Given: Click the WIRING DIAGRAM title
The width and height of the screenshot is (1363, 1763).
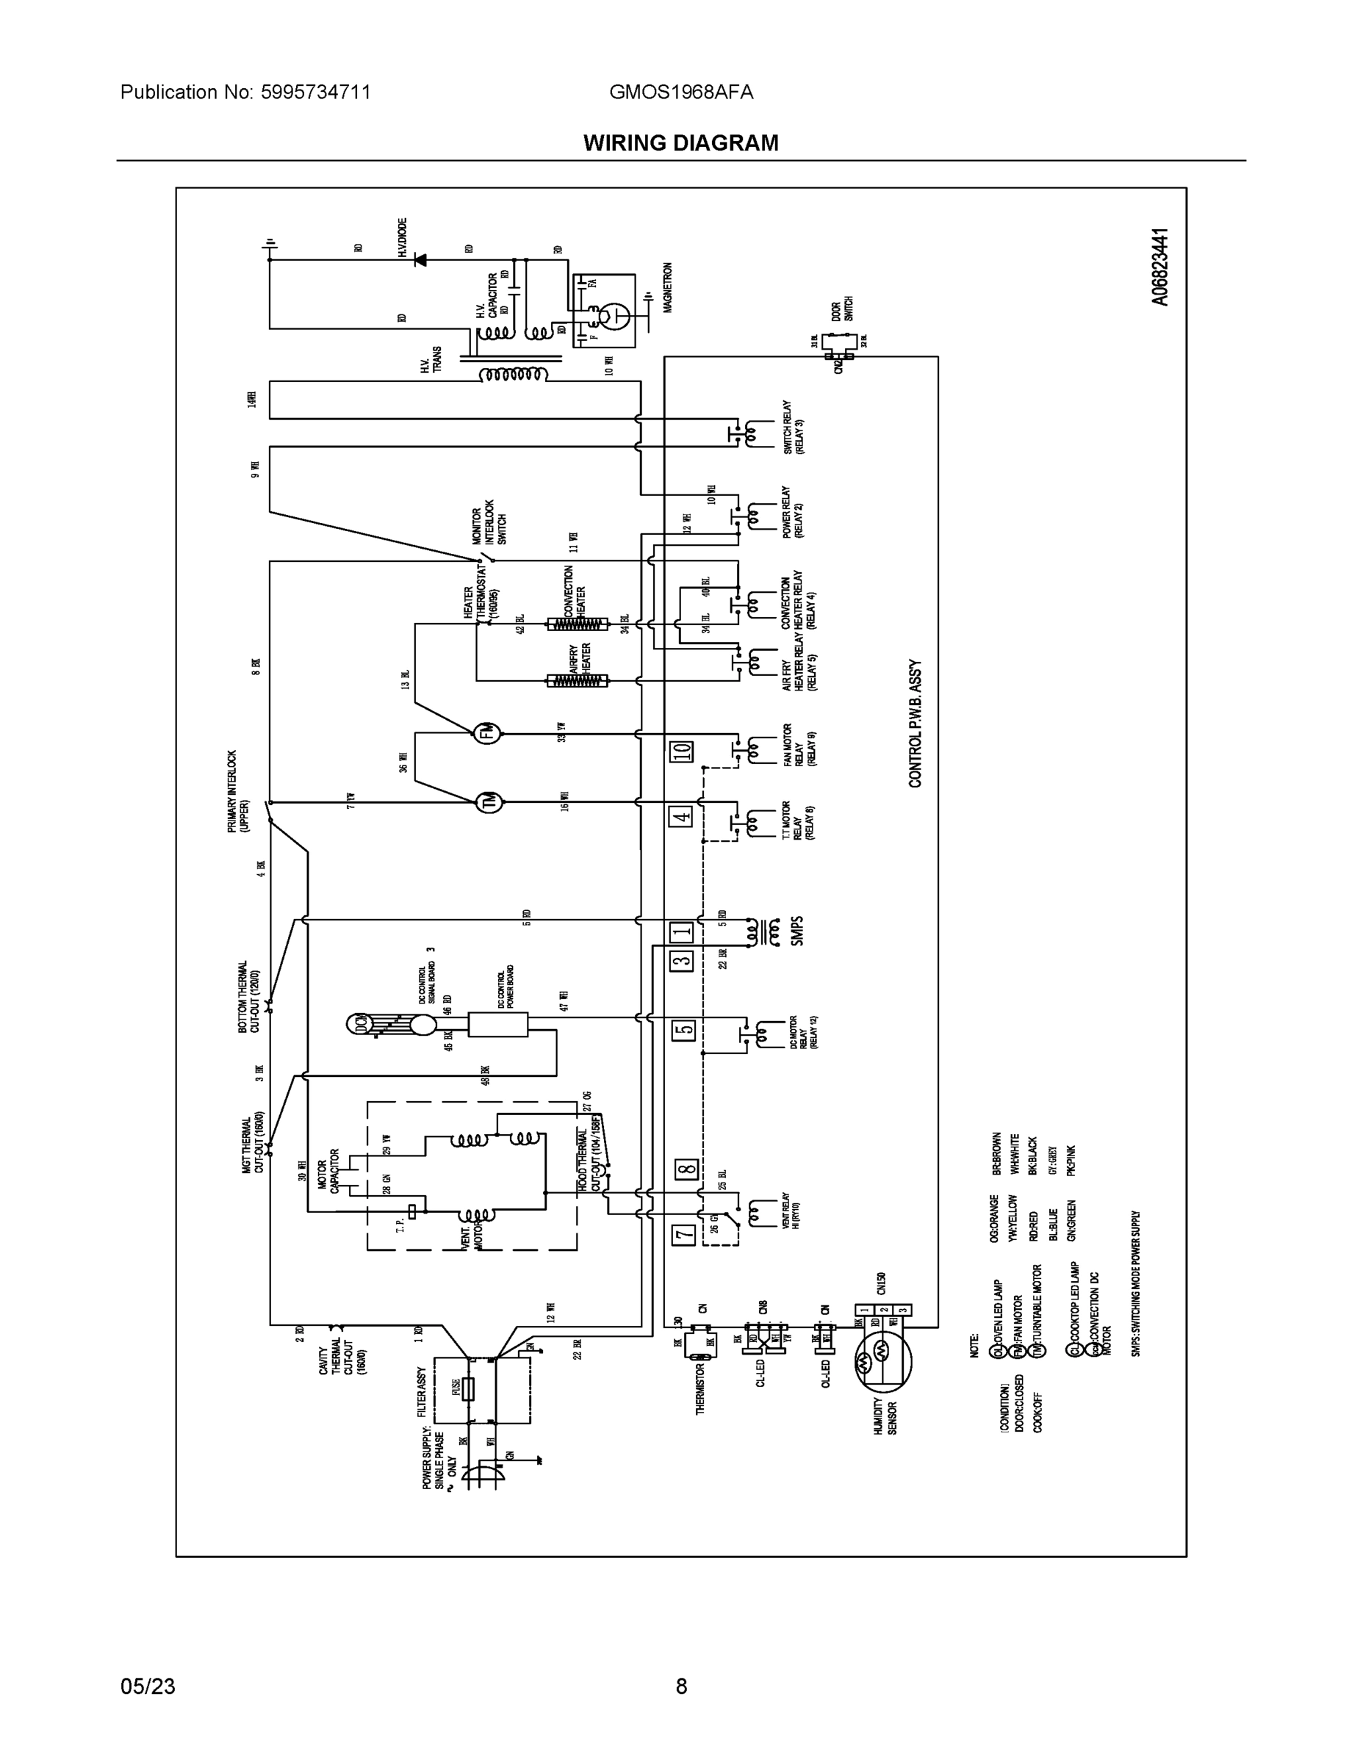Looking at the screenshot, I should coord(680,143).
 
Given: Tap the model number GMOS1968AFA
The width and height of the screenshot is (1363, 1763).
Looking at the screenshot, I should coord(680,92).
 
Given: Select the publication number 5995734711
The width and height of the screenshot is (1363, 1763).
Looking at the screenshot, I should coord(316,92).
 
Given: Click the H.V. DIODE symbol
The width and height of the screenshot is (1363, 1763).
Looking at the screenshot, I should coord(420,260).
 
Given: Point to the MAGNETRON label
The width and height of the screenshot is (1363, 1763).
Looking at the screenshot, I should coord(668,287).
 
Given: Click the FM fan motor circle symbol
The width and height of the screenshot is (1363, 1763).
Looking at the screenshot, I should coord(487,733).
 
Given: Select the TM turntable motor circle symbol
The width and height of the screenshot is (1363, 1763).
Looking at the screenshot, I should coord(489,801).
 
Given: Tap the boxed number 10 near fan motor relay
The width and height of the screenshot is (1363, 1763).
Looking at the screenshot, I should coord(683,751).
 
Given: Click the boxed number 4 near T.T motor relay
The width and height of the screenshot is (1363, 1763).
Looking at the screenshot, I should coord(682,817).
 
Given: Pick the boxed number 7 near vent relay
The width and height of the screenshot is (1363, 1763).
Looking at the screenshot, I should coord(684,1234).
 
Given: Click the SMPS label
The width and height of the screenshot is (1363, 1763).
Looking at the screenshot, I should coord(797,931).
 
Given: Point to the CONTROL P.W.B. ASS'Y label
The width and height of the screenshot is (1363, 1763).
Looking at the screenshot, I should coord(915,724).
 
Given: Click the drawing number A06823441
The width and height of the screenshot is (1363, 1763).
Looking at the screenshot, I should coord(1159,267).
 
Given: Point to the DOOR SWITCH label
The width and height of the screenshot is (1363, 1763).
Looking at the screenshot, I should coord(842,309).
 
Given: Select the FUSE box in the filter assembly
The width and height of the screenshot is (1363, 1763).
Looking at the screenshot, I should coord(467,1388).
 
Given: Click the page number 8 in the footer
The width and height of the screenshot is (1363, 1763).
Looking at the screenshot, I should coord(680,1687).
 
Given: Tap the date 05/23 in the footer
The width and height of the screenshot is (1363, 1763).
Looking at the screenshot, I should coord(148,1687).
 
